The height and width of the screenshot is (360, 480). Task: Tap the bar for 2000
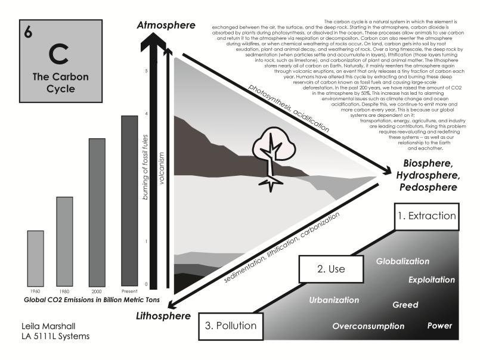pos(97,209)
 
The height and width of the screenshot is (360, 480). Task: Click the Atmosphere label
pos(165,26)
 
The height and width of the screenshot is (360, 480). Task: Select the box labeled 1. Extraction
pos(429,216)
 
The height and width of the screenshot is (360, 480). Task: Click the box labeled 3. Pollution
pos(231,325)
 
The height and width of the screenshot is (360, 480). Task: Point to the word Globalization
pos(402,262)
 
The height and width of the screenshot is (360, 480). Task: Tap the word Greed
pos(405,305)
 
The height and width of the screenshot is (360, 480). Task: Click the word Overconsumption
pos(368,326)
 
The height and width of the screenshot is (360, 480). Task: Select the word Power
pos(439,326)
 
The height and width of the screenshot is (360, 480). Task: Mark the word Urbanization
pos(334,300)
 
